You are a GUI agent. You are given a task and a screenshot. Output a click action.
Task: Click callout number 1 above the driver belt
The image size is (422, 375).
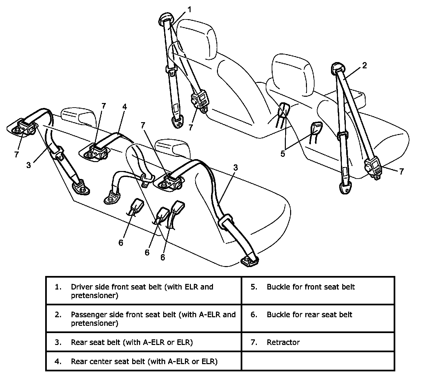(x=189, y=10)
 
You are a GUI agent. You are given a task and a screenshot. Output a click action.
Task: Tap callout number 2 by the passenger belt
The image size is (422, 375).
(x=364, y=65)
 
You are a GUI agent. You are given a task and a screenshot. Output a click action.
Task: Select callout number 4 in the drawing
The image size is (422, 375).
(x=124, y=107)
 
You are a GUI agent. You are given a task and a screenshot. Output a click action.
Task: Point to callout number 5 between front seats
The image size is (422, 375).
(x=283, y=154)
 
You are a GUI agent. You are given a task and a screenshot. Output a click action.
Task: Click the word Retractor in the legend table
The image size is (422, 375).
(x=283, y=342)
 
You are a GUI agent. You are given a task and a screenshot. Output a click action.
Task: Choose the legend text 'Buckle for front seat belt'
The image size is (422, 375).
(x=311, y=287)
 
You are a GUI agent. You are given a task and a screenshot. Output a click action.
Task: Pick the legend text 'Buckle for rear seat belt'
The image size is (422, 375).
(x=309, y=315)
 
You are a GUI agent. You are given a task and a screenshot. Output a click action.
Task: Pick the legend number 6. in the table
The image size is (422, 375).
(x=254, y=315)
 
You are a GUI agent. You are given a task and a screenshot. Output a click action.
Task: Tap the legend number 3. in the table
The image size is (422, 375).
(x=58, y=342)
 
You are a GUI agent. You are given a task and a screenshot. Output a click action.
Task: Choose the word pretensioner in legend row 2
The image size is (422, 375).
(x=94, y=323)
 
